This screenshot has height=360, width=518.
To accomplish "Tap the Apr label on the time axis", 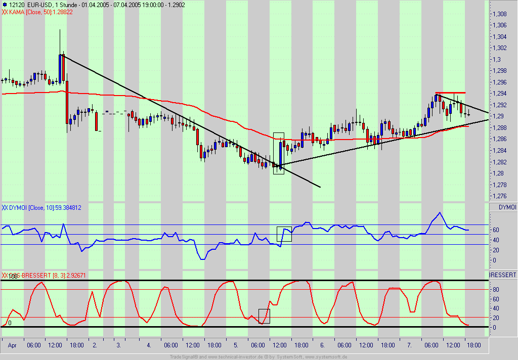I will (x=13, y=345).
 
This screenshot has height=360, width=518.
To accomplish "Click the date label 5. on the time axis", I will (x=236, y=345).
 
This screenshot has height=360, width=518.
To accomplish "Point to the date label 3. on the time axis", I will (x=118, y=345).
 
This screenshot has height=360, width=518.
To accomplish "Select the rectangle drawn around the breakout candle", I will (x=279, y=154).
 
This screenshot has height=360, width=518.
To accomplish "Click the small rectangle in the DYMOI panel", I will (x=284, y=234).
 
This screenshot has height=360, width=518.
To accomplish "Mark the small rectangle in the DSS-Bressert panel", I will (x=264, y=316).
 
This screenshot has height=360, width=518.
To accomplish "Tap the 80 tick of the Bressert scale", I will (x=496, y=290).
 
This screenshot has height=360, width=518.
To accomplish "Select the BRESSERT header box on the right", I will (x=503, y=275).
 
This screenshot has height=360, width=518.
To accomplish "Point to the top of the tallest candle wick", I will (x=60, y=30).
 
